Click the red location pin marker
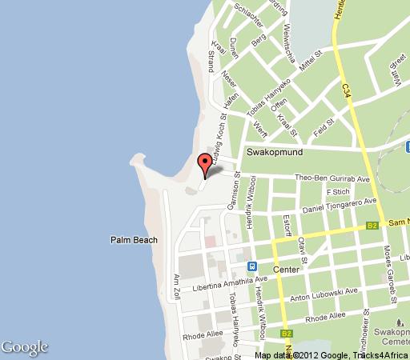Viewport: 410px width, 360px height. pyautogui.click(x=204, y=163)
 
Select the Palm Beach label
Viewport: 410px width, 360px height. pyautogui.click(x=133, y=240)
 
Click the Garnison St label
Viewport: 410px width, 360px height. pyautogui.click(x=233, y=195)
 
